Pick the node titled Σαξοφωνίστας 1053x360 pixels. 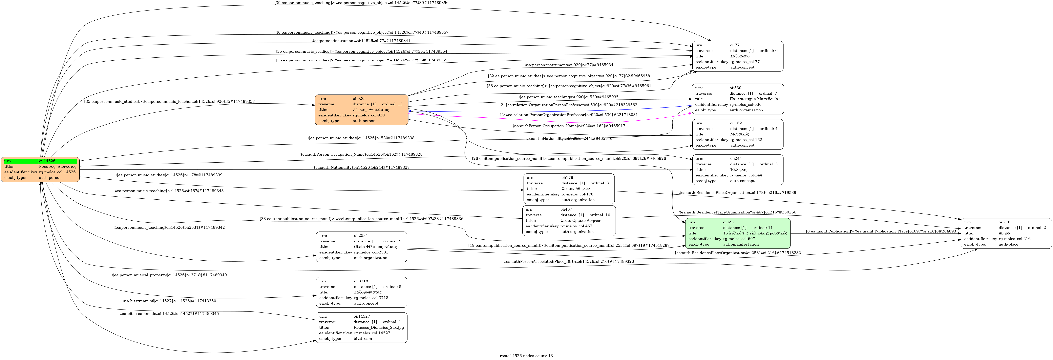[x=361, y=292]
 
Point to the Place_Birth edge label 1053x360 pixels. [x=569, y=262]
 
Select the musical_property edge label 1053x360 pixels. [x=169, y=275]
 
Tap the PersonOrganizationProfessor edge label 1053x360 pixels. [x=569, y=115]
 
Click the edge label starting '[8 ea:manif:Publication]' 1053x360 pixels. [x=880, y=231]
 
